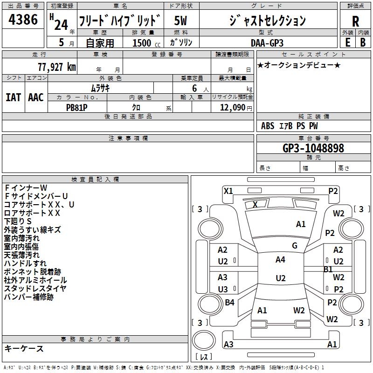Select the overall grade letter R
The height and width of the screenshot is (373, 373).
(x=355, y=21)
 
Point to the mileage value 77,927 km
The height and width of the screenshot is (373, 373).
(x=57, y=67)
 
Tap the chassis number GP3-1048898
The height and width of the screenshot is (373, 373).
(x=313, y=148)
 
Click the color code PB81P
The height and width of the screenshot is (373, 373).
(x=77, y=107)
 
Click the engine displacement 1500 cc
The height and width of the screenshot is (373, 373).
(x=144, y=42)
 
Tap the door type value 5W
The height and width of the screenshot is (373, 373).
(x=181, y=21)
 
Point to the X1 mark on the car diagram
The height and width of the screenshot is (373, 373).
(x=228, y=191)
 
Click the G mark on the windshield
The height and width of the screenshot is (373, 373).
(x=295, y=246)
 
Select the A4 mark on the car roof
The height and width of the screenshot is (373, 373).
(x=280, y=260)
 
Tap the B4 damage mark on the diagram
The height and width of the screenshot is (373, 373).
(x=229, y=303)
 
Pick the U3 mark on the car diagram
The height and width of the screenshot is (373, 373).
(x=223, y=289)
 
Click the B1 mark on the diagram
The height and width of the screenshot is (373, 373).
(x=328, y=269)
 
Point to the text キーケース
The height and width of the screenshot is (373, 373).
(x=24, y=348)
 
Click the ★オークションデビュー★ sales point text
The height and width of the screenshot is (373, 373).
(x=298, y=65)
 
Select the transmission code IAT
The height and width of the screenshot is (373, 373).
(x=13, y=97)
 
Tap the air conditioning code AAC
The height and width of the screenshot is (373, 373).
(x=35, y=97)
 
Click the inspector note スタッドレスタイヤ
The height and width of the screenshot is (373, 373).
(x=35, y=288)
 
